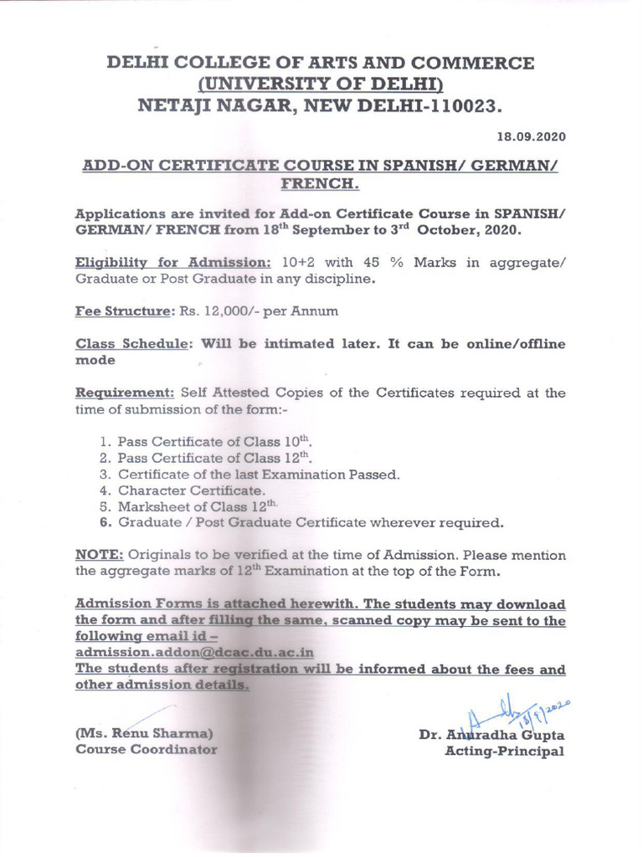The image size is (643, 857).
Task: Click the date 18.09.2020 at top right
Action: (531, 136)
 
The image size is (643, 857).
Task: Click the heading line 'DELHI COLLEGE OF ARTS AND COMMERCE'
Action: (320, 64)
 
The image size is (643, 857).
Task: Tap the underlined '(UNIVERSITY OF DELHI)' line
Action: (320, 85)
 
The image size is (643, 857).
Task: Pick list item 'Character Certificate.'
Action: (192, 490)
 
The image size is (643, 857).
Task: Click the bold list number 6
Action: (105, 523)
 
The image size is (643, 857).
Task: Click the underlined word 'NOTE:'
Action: (100, 555)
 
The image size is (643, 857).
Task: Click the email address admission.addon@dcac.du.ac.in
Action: (195, 652)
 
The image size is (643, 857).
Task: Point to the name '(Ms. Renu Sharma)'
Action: (144, 733)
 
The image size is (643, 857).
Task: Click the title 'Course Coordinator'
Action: (146, 749)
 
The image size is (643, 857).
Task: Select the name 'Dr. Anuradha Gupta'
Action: (491, 735)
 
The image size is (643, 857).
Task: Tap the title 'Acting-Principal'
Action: (504, 751)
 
